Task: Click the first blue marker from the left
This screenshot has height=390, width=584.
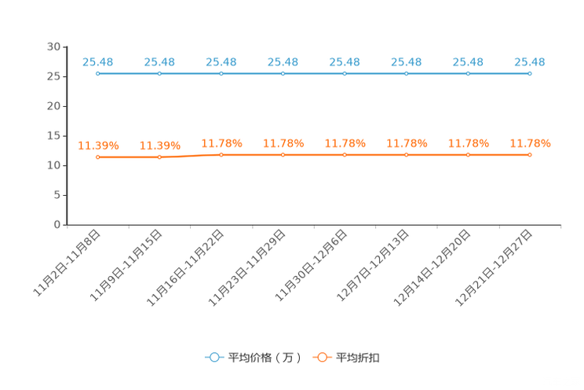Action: point(97,74)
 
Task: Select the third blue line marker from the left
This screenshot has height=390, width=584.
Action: point(221,74)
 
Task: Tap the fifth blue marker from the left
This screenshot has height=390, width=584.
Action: point(345,74)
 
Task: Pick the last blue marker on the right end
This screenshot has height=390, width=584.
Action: point(530,74)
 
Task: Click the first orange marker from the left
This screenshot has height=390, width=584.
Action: point(97,157)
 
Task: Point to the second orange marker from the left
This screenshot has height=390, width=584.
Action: point(159,157)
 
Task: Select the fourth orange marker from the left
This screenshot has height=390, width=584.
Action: point(283,155)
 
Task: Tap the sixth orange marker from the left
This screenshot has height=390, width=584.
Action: point(407,155)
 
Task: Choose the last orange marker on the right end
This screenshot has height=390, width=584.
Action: point(530,155)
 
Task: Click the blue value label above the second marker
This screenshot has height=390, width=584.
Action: point(159,61)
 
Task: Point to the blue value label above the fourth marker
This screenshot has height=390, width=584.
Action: point(283,61)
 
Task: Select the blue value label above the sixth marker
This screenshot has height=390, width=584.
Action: point(407,61)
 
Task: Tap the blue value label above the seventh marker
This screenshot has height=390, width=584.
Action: point(469,61)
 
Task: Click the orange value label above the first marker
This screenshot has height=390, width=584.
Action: point(97,145)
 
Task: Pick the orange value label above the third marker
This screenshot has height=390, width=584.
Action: point(221,142)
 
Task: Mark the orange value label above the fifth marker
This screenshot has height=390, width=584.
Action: point(345,142)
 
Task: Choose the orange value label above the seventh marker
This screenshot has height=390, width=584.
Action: point(469,142)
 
